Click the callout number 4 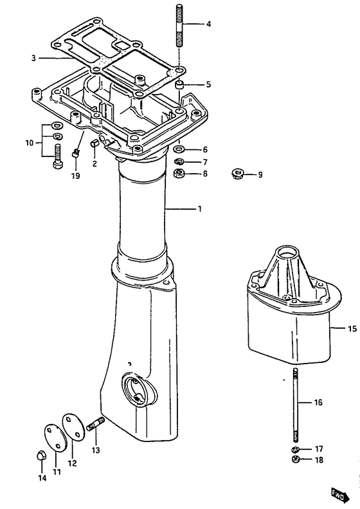point(208,24)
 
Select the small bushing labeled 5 point(179,86)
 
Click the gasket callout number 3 point(33,59)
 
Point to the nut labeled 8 point(179,174)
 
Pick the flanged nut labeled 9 point(239,174)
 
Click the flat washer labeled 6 point(178,149)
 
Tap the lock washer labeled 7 point(179,162)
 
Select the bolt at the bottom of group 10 point(58,156)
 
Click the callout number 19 point(76,176)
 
